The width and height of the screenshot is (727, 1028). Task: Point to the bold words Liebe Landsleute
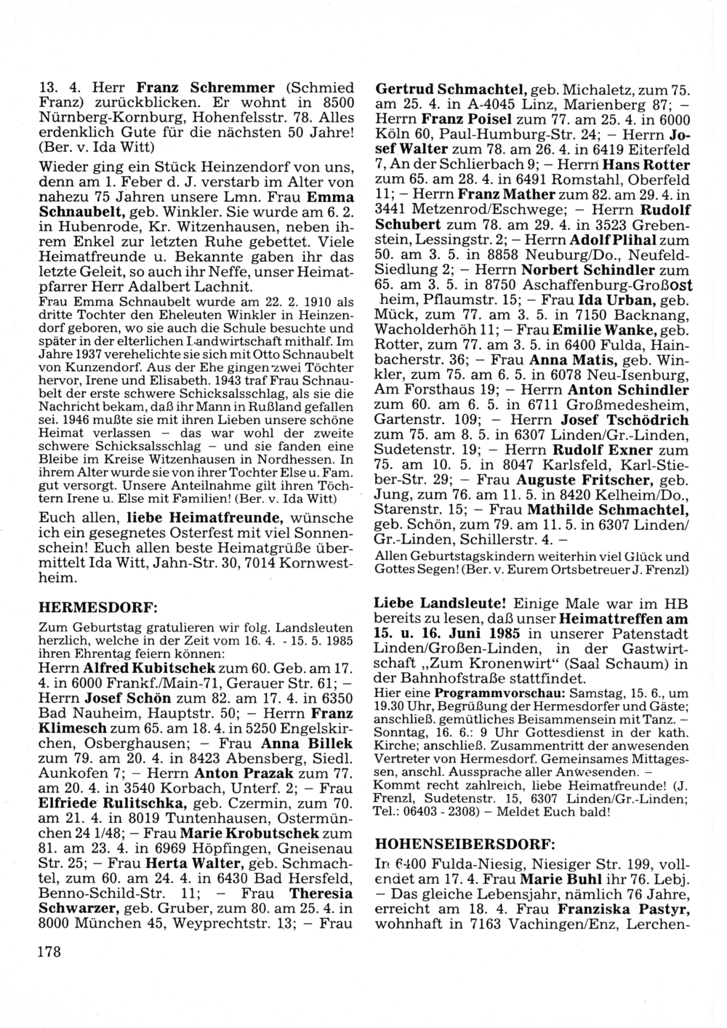(440, 604)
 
